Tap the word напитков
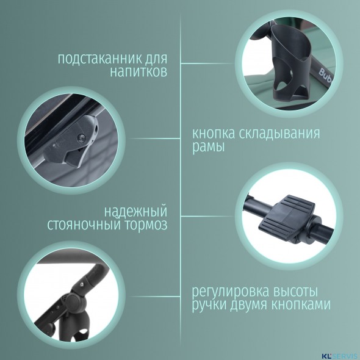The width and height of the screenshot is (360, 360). pos(139,72)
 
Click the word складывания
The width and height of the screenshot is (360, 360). pos(279,134)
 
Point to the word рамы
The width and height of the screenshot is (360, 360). pos(208,147)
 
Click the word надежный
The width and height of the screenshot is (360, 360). pos(135,212)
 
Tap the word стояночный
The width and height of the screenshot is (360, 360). pos(84,225)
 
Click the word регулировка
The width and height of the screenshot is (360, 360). pos(230,292)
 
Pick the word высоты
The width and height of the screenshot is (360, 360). pos(296,291)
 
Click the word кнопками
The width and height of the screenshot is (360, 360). pos(301,304)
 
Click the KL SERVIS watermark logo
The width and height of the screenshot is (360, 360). pos(340,356)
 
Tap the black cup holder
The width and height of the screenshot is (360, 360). pos(290,62)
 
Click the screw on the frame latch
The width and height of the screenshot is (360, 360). pos(82,138)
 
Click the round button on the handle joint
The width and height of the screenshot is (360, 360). pos(75,303)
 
